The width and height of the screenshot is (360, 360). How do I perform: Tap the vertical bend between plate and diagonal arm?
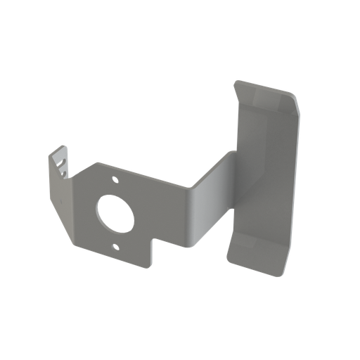[x=192, y=211]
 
